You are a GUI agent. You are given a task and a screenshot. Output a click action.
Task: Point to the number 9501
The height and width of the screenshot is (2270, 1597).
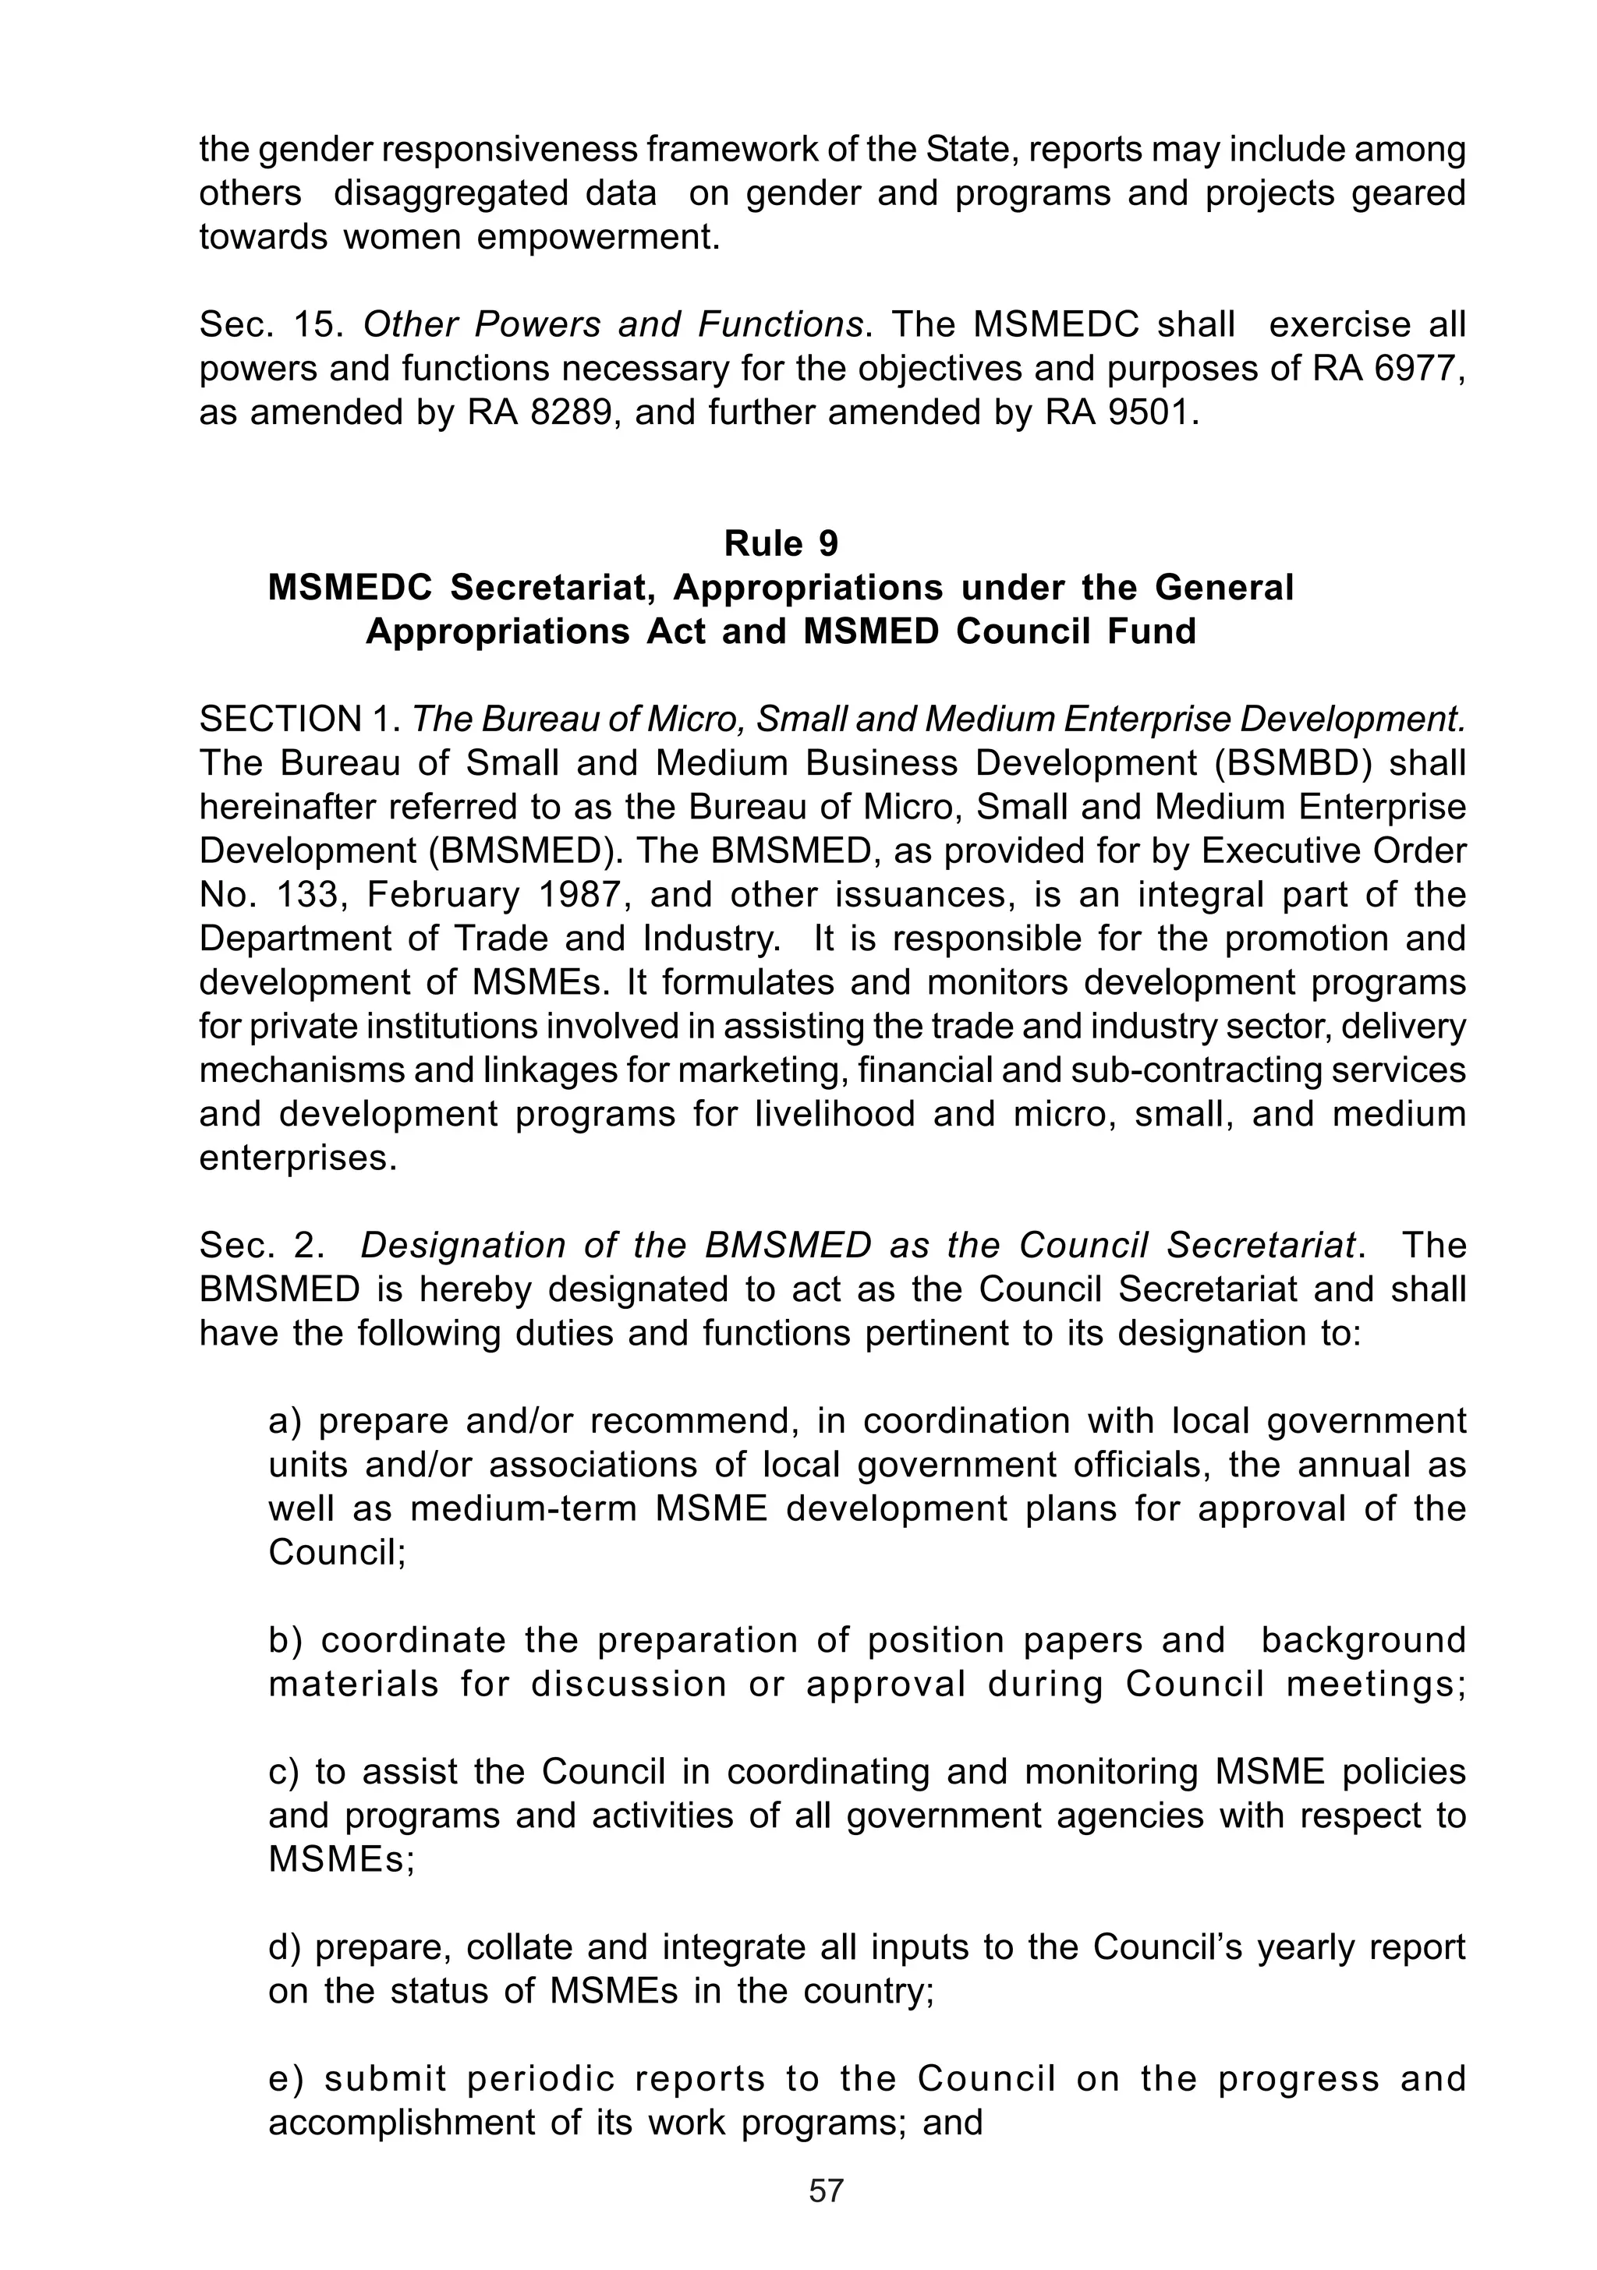click(1147, 412)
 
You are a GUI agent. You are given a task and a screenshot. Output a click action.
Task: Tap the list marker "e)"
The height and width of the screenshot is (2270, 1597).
click(288, 2078)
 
